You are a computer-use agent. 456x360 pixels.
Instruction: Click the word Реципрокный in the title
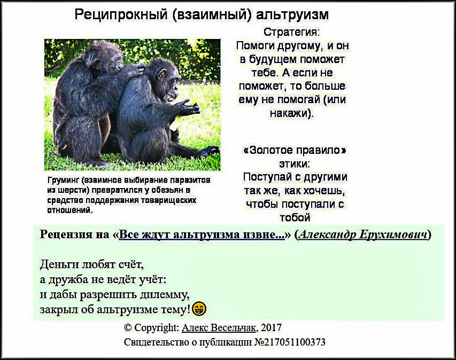tap(121, 14)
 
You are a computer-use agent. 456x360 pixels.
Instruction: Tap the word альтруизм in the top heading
tap(292, 14)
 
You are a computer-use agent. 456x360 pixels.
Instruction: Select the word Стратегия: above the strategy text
tap(291, 32)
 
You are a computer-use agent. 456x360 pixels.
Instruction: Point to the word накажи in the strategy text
tap(289, 113)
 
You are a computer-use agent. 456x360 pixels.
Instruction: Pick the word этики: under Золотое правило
tap(295, 164)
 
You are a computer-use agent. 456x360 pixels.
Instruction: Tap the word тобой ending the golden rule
tap(295, 217)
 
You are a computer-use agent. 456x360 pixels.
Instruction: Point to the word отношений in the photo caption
tap(69, 210)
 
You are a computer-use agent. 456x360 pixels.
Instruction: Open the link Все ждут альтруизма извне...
tap(202, 234)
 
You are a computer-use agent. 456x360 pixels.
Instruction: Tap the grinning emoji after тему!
tap(199, 309)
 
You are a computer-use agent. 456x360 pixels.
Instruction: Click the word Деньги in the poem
tap(60, 265)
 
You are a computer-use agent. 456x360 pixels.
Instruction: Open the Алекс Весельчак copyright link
tap(219, 328)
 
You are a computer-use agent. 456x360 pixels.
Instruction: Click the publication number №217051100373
tap(290, 342)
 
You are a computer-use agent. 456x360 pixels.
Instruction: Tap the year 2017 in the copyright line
tap(271, 328)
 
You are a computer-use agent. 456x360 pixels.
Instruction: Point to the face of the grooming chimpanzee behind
tap(115, 62)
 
